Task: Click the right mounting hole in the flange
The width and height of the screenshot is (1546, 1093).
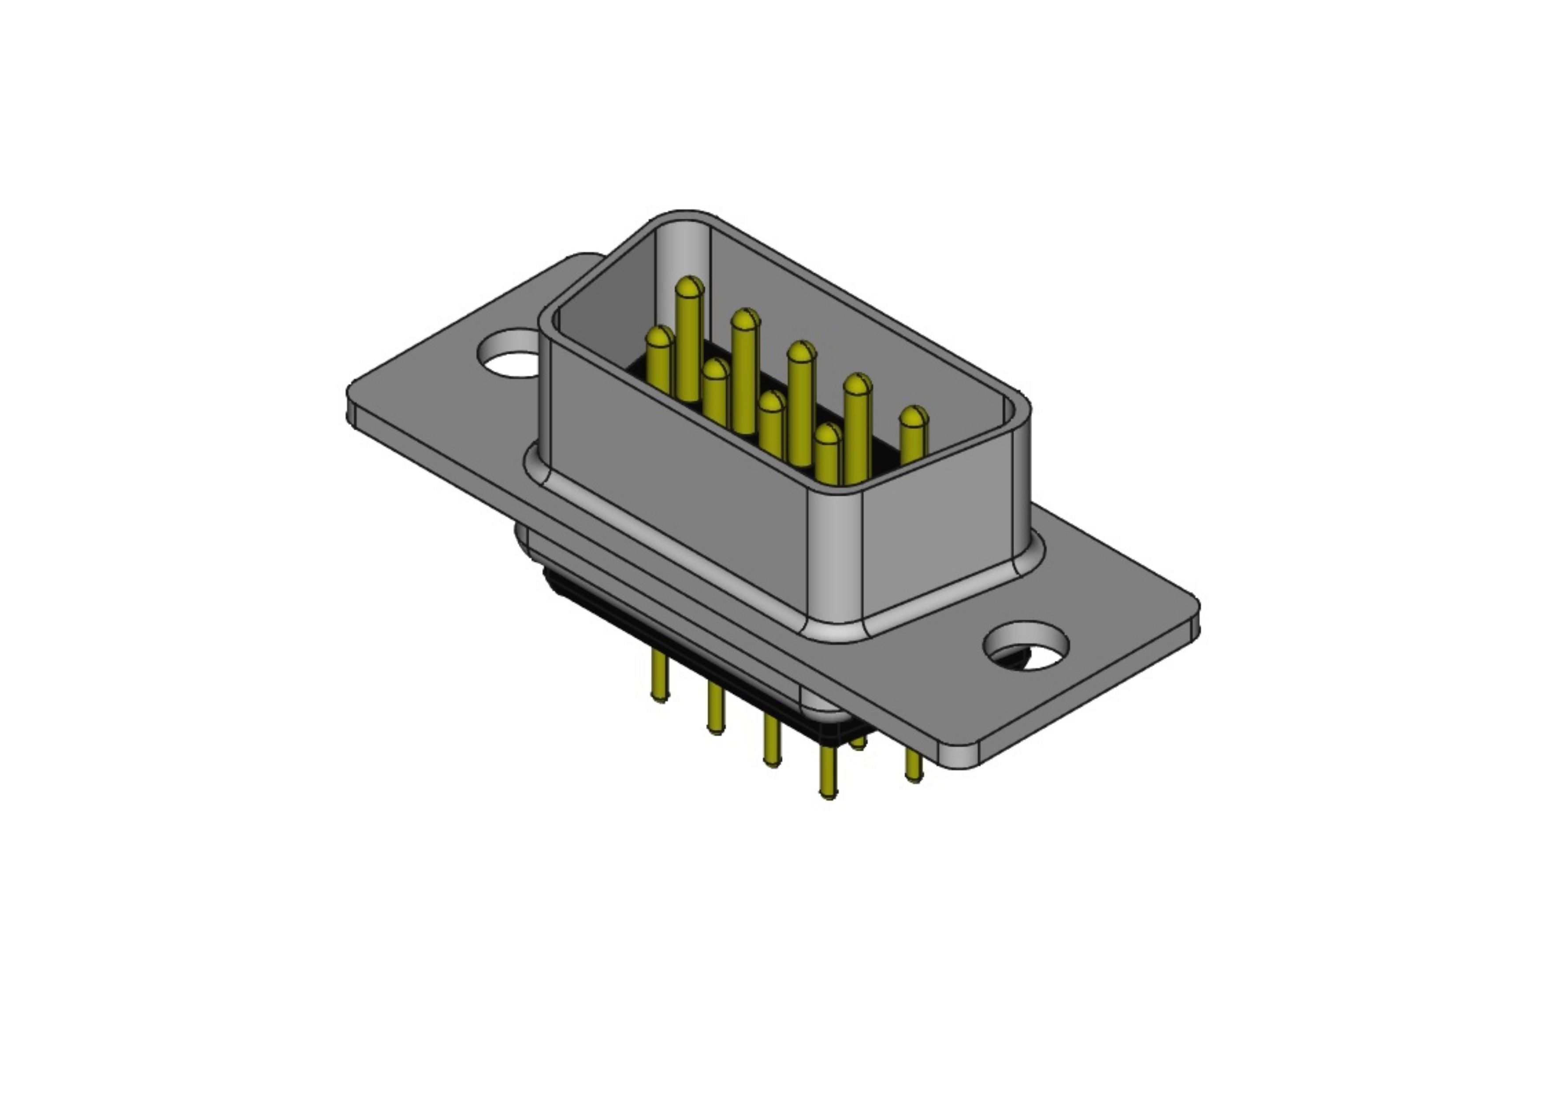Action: pos(1026,646)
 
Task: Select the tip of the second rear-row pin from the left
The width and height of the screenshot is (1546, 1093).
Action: pos(745,321)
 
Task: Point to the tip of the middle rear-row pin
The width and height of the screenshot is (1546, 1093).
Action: pos(801,353)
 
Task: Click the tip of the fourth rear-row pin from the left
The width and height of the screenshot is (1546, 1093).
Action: pos(857,386)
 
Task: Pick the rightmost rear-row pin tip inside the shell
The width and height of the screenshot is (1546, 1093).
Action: pos(914,418)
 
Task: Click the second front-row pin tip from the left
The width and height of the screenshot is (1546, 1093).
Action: pos(715,370)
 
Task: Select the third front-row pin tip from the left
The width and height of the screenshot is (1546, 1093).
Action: pos(772,403)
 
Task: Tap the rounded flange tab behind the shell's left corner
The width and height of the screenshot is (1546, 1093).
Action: pos(580,266)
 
